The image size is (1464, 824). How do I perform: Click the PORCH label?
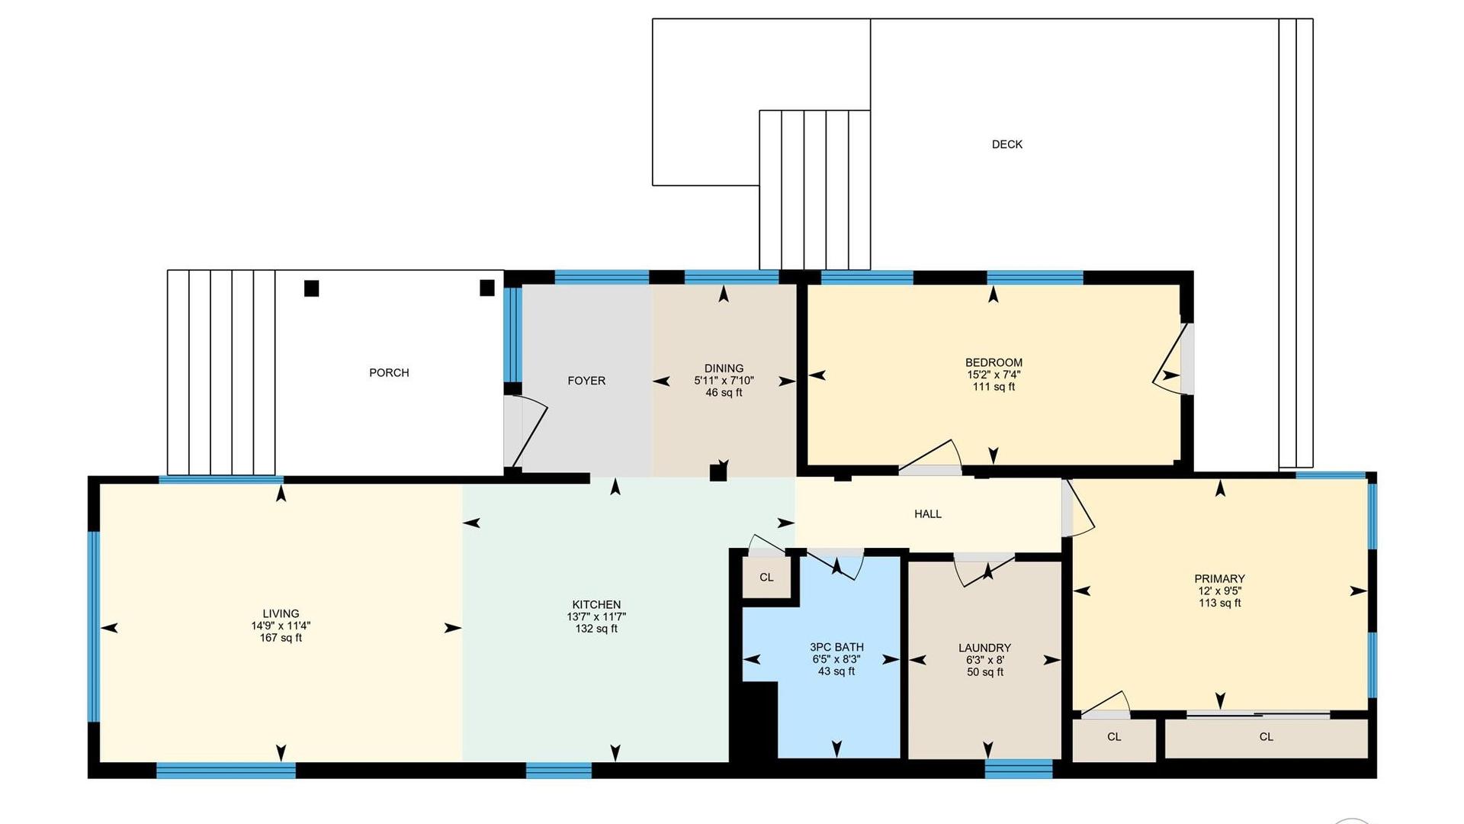(x=389, y=372)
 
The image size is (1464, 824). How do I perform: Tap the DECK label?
(x=1006, y=144)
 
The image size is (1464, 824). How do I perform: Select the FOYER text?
(x=586, y=381)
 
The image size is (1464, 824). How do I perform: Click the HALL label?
(x=928, y=514)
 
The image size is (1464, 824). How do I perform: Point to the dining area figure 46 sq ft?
(x=724, y=393)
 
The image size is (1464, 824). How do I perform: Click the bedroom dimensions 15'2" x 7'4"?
(x=994, y=375)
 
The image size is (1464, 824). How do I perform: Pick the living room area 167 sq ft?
(x=281, y=638)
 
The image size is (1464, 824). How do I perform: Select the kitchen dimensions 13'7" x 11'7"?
(x=596, y=616)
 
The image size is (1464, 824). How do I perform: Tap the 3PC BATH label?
(x=836, y=647)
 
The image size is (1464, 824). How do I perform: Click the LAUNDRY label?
(x=984, y=648)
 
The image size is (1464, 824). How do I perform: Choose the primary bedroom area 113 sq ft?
(x=1220, y=603)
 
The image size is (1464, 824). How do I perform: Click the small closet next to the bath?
(x=767, y=578)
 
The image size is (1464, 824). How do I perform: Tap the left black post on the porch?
(x=311, y=288)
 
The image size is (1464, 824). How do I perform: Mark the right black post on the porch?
(x=487, y=288)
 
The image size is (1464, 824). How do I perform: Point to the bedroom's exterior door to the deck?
(x=1173, y=359)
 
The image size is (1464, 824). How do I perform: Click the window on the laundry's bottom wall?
(x=1019, y=769)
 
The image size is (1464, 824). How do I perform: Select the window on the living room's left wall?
(x=94, y=626)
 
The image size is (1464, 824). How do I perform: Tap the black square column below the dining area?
(x=718, y=473)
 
